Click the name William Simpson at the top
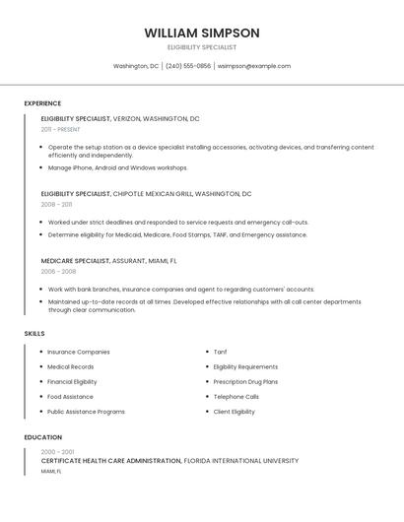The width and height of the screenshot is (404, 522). coord(202,33)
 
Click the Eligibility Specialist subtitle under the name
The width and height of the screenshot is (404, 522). coord(202,47)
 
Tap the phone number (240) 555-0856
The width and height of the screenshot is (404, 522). coord(188,66)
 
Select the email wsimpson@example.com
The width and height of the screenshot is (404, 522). coord(254,66)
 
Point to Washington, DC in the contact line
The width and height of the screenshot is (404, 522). coord(136,66)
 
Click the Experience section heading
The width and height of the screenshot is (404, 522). coord(42,103)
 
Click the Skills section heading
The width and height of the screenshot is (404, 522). coord(34,334)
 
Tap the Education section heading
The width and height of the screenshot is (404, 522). coord(43,437)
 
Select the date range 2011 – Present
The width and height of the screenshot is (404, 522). coord(61,129)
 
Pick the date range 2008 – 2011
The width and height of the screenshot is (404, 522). coord(56,205)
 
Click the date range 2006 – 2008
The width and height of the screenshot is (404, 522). coord(58,271)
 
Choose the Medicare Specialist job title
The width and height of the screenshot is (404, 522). coord(75,261)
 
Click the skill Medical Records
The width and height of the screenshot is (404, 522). coord(71,366)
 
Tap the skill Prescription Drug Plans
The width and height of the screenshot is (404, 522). coord(245,381)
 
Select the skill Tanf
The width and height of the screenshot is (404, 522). coord(220,352)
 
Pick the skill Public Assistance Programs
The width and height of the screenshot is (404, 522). coord(86,412)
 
